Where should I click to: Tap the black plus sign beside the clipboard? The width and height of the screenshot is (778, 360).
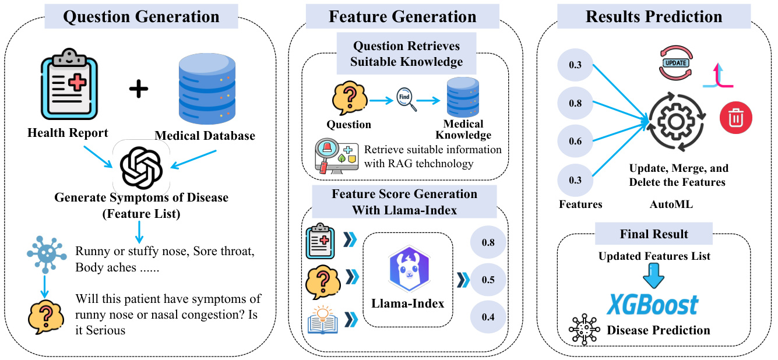click(138, 89)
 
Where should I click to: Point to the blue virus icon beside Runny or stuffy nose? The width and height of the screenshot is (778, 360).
click(45, 252)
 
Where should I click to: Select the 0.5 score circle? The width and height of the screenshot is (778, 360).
click(488, 280)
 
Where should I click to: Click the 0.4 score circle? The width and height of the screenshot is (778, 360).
click(488, 317)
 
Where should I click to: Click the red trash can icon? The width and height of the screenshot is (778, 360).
click(735, 118)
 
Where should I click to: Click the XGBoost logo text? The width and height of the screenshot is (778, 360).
click(653, 305)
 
